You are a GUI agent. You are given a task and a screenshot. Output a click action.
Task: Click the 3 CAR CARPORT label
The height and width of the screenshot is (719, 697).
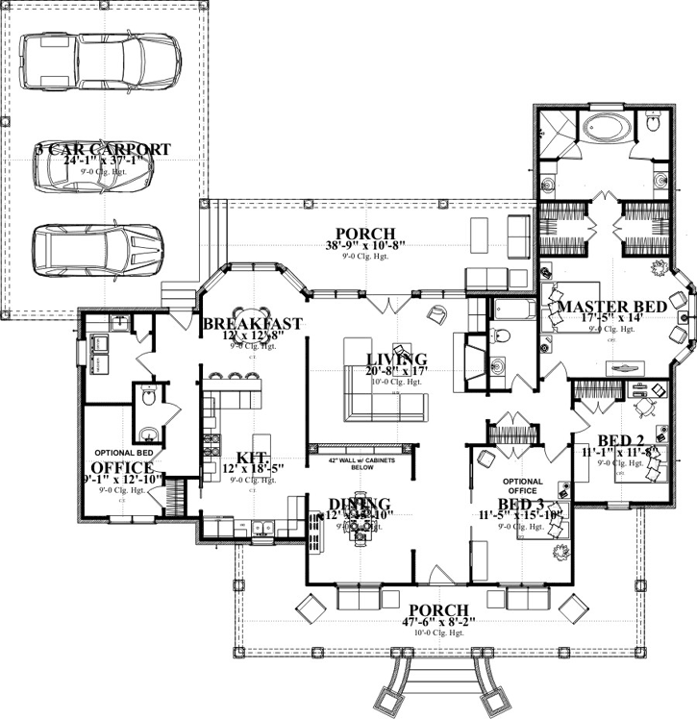[x=103, y=150]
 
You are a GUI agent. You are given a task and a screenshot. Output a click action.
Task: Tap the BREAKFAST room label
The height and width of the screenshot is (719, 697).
[x=253, y=324]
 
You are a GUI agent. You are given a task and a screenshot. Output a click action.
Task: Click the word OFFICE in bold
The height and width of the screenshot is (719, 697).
[x=121, y=468]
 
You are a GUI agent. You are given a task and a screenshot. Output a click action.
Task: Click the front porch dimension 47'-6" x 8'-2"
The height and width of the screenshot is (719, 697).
[x=437, y=624]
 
